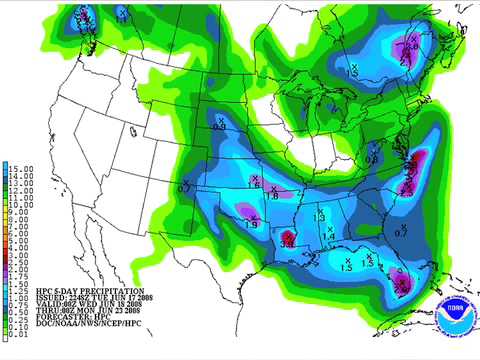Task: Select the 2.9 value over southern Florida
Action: point(403,285)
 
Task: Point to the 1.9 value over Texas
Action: point(250,224)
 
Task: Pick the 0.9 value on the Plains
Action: point(219,127)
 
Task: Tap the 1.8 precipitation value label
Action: point(271,197)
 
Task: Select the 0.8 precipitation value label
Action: point(371,159)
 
